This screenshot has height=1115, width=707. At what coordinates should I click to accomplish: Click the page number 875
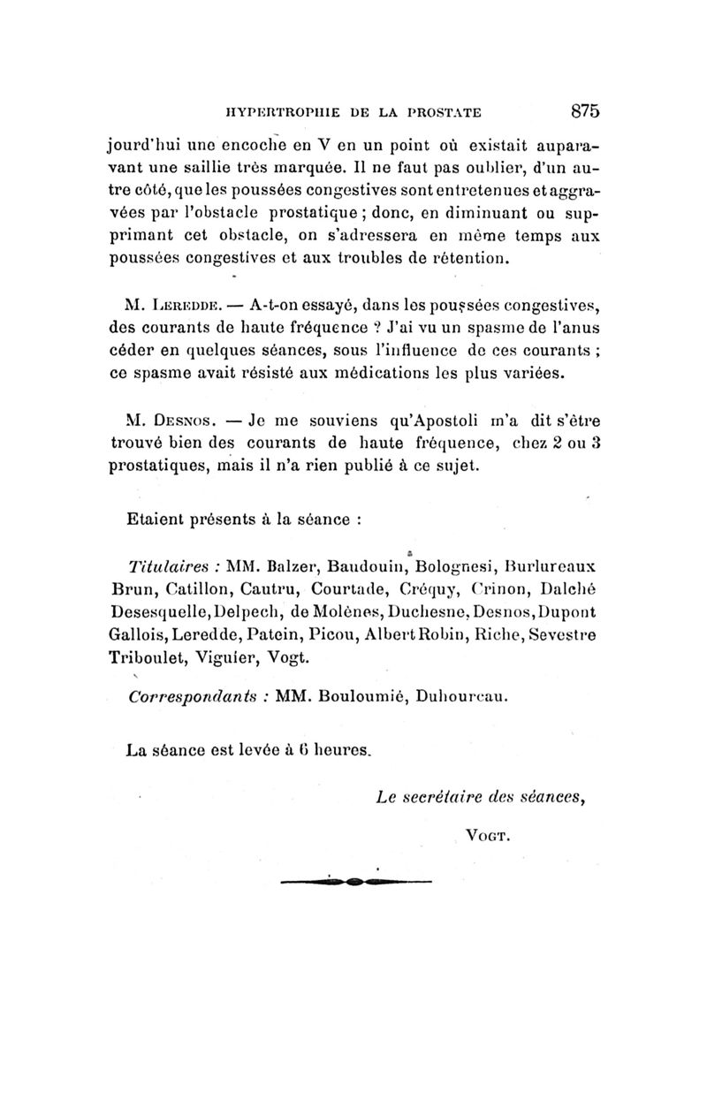coord(585,110)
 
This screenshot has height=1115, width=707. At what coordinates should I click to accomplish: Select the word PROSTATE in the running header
coord(436,112)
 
